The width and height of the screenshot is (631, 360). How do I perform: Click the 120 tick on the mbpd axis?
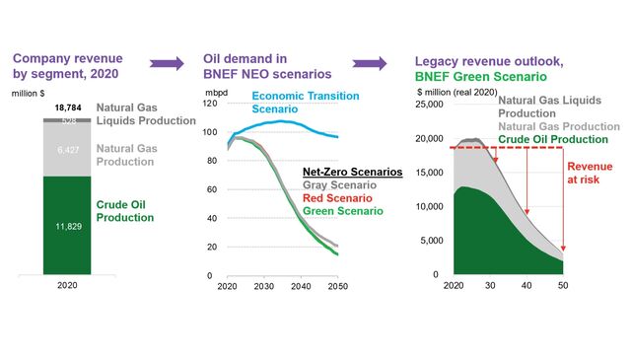tap(210, 104)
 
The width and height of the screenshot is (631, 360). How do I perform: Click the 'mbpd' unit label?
tap(214, 91)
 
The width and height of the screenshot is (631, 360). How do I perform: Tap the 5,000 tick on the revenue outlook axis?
tap(431, 240)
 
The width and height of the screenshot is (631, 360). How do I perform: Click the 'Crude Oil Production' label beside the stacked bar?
tap(125, 210)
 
